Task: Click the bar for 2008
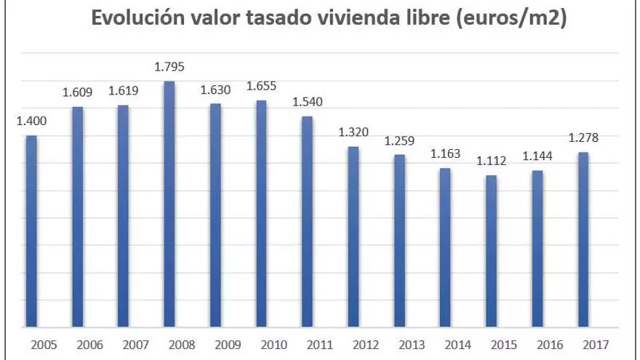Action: point(169,204)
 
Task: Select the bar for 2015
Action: point(491,251)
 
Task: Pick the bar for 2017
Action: point(583,239)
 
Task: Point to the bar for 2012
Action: point(353,236)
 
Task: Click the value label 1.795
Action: point(169,67)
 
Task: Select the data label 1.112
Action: point(491,161)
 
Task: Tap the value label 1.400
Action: point(31,121)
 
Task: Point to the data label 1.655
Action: point(261,87)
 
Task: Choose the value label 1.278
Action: point(583,137)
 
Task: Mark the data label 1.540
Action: point(307,102)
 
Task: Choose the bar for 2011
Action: point(307,221)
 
